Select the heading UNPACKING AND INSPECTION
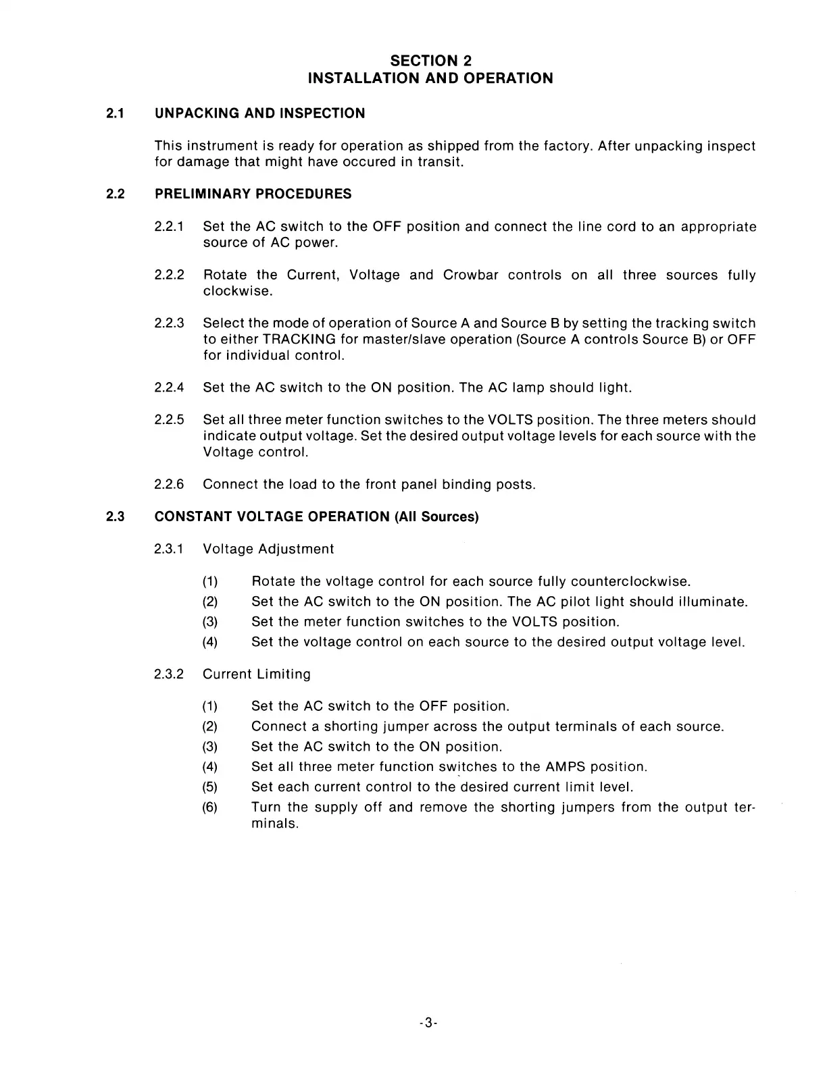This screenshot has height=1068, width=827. (x=259, y=113)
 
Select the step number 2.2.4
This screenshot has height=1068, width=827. (x=169, y=388)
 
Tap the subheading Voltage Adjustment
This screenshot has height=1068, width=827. (x=268, y=549)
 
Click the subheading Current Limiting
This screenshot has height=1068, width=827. (x=257, y=674)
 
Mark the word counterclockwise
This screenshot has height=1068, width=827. (x=630, y=582)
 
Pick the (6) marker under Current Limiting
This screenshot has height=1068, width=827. (x=210, y=807)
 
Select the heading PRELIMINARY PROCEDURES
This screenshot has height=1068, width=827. (x=253, y=194)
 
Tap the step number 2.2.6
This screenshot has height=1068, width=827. (x=169, y=485)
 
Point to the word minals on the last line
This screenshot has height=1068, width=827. (x=274, y=824)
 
